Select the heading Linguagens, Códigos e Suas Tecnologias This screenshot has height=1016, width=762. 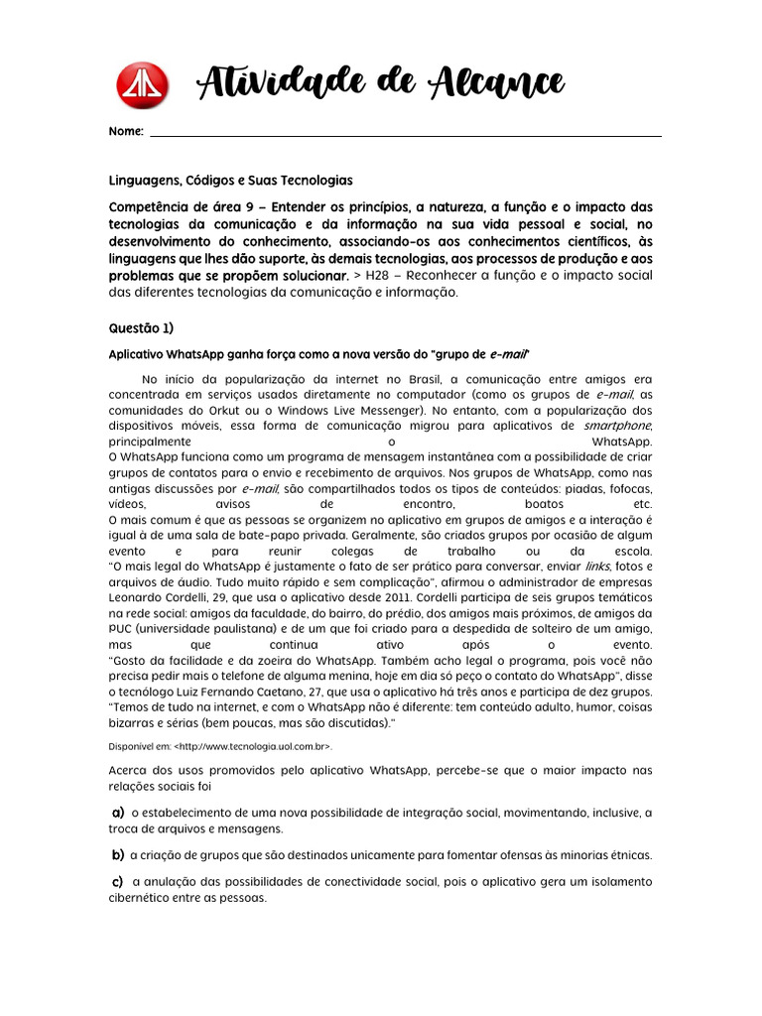pos(230,181)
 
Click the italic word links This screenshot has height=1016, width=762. pos(597,566)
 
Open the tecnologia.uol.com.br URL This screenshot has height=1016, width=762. pos(244,745)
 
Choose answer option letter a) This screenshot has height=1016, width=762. pos(117,813)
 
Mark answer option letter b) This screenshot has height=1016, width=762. pos(117,854)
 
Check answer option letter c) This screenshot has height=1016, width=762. pos(117,881)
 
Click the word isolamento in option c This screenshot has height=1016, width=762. pos(617,881)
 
